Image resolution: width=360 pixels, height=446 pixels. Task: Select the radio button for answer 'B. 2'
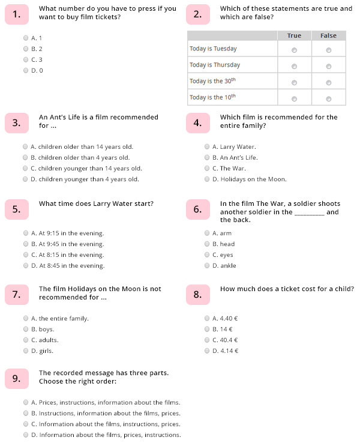25,49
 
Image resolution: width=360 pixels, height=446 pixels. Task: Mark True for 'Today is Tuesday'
294,50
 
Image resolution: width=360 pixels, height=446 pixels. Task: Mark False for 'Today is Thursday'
329,67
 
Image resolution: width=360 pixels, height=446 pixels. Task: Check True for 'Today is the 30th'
294,83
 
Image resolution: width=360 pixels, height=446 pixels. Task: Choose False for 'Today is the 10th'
329,99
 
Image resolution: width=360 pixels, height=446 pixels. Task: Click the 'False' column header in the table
328,35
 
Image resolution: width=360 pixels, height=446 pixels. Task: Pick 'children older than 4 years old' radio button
25,157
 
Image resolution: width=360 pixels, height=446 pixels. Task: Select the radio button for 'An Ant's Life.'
207,157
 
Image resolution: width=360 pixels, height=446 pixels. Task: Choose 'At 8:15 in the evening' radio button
25,255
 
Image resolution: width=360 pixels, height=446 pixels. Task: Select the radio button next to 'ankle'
207,265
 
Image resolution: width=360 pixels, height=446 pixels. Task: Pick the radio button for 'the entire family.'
25,318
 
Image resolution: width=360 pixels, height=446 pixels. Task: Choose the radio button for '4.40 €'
207,318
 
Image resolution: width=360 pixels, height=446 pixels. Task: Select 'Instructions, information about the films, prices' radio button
25,413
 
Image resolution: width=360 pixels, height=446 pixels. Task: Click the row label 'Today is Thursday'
215,65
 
